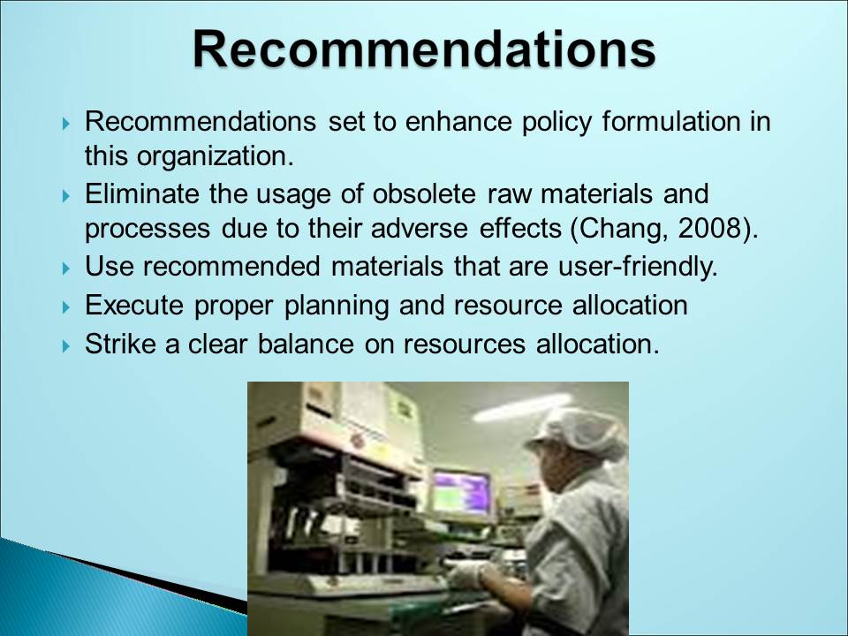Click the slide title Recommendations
[x=424, y=49]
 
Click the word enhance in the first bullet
[x=458, y=121]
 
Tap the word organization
[x=215, y=157]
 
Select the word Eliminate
[x=141, y=193]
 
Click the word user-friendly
[x=638, y=266]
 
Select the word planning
[x=337, y=307]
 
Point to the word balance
[x=306, y=344]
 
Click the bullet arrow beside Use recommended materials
[x=66, y=268]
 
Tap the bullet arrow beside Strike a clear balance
[x=66, y=345]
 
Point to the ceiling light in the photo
[x=522, y=406]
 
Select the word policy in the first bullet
[x=556, y=122]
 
